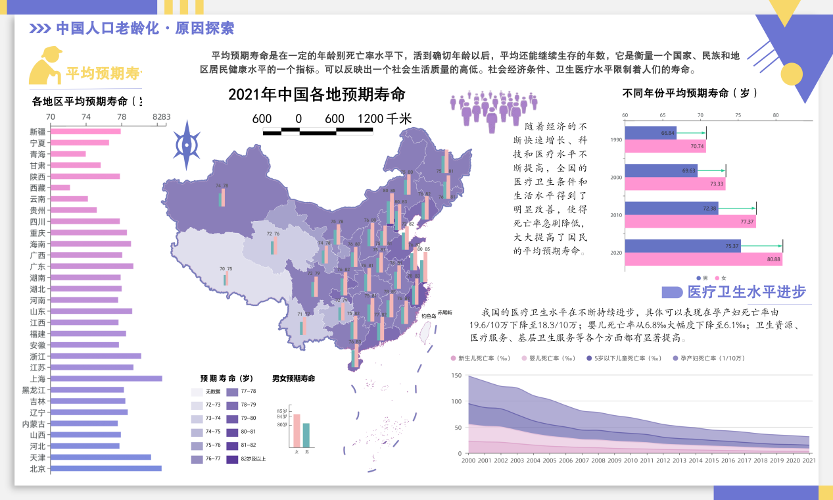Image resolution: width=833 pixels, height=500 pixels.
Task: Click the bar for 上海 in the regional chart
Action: point(106,378)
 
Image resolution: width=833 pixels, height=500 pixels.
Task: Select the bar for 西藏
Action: point(60,187)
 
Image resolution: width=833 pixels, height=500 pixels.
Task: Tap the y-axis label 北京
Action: point(37,469)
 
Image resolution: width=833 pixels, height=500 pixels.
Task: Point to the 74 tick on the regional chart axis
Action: point(86,116)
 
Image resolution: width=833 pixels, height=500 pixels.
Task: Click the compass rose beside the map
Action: point(187,145)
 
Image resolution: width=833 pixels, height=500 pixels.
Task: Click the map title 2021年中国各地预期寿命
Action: point(317,94)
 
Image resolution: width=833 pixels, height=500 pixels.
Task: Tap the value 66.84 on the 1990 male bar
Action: point(668,134)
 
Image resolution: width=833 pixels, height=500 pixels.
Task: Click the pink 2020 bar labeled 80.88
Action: point(703,260)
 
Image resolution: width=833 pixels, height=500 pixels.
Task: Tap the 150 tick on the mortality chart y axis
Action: point(456,375)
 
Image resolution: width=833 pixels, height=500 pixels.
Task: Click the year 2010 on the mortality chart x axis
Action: point(631,461)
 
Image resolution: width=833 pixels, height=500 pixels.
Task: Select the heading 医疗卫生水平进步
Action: point(746,292)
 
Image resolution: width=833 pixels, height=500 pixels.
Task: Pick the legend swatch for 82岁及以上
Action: point(232,459)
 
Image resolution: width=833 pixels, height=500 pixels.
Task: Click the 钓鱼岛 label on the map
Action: point(429,316)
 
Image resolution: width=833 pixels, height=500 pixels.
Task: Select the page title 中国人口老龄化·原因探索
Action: point(145,28)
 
